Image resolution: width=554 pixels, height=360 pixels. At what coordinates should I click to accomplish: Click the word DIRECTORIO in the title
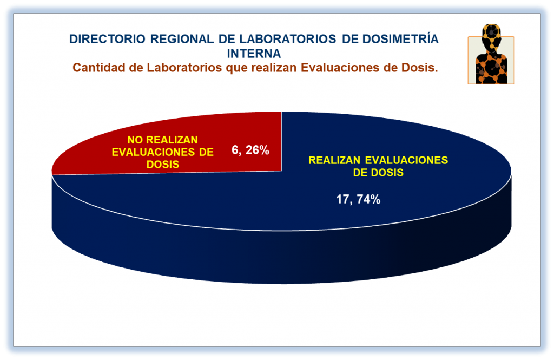tap(107, 39)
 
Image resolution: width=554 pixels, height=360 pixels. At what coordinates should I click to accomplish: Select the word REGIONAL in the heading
tap(182, 39)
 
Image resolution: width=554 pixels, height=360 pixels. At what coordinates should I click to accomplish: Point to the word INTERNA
tap(254, 54)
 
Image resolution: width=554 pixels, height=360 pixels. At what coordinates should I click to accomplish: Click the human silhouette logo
tap(491, 54)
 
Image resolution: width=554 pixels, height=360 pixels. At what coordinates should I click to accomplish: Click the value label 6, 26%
tap(250, 150)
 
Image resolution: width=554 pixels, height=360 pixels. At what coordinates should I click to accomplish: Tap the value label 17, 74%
tap(358, 199)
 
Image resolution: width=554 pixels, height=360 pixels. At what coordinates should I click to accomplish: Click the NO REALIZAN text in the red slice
tap(162, 140)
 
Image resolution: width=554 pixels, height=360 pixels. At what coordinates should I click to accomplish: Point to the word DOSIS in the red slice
tap(162, 165)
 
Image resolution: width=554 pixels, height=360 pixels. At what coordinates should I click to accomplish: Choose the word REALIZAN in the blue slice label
tap(334, 160)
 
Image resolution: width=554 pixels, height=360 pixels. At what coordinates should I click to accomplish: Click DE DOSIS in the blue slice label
tap(378, 173)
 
